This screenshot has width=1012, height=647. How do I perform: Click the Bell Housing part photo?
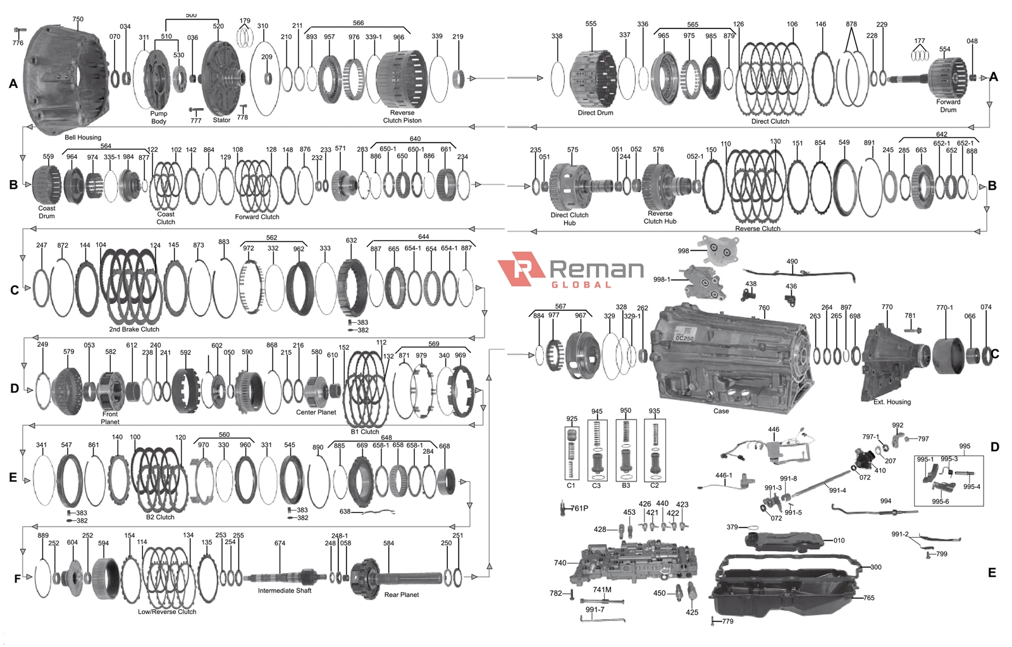coord(66,79)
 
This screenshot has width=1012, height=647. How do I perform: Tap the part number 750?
coord(78,20)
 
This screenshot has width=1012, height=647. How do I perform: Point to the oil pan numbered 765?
coord(784,591)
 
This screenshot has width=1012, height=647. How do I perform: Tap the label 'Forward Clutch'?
coord(257,217)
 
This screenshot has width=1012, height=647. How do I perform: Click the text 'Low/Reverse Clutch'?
coord(167,612)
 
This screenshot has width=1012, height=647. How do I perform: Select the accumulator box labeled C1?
coord(571,452)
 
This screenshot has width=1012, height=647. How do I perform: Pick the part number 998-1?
coord(662,279)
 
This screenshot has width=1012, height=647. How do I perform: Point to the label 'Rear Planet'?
coord(401,595)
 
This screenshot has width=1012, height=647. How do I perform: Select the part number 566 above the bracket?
coord(358,23)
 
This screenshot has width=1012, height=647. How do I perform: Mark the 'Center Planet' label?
coord(316,413)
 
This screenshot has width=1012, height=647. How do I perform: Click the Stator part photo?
coord(221,76)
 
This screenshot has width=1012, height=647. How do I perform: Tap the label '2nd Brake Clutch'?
coord(134,329)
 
